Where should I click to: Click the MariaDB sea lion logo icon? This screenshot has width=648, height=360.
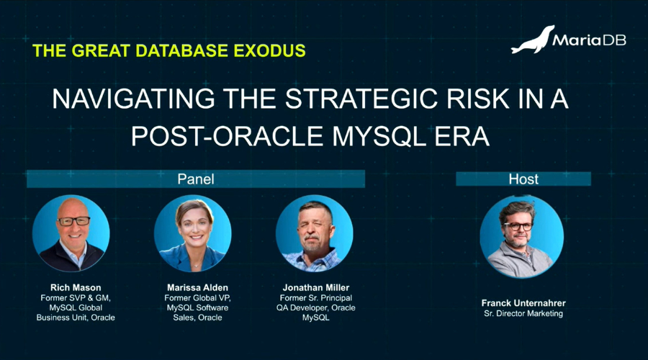click(x=532, y=40)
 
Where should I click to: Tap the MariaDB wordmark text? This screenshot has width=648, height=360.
click(x=589, y=40)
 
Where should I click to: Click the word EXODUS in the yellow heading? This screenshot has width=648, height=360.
click(x=269, y=51)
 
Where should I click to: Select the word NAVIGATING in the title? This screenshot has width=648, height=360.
click(x=133, y=99)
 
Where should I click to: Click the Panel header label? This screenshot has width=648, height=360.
click(x=196, y=179)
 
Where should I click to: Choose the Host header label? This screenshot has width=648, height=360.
click(x=523, y=179)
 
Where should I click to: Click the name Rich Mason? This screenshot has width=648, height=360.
click(x=76, y=288)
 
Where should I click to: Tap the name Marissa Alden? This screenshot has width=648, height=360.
click(x=197, y=288)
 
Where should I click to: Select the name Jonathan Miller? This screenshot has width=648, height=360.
click(x=316, y=288)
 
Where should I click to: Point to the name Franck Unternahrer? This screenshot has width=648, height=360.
click(x=523, y=303)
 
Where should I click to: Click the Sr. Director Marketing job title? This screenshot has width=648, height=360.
click(x=523, y=313)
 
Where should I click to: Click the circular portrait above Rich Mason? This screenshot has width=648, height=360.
click(x=71, y=233)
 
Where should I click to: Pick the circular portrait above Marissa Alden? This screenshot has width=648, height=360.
click(x=193, y=233)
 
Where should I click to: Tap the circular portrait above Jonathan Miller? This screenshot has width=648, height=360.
click(x=315, y=233)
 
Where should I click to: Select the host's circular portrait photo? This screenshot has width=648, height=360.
click(x=521, y=236)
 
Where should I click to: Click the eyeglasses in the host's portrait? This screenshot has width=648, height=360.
click(x=518, y=226)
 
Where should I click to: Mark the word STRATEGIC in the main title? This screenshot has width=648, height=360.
click(x=361, y=99)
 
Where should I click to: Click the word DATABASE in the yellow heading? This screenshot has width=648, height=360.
click(x=182, y=51)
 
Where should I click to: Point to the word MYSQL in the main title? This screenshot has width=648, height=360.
click(x=379, y=136)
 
